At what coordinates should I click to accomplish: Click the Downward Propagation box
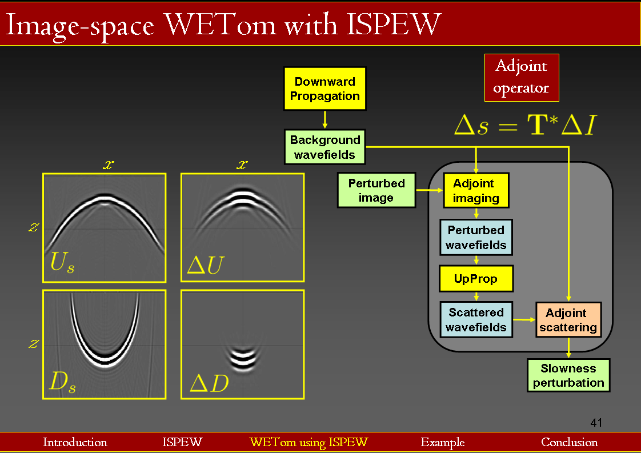coord(324,89)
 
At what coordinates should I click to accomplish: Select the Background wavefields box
coord(324,147)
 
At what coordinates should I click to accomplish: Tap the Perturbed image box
coord(376,190)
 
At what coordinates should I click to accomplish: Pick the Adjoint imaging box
coord(476,191)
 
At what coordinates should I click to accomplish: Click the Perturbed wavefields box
coord(476,238)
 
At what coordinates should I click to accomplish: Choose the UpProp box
coord(476,279)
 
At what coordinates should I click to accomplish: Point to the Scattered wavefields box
coord(476,320)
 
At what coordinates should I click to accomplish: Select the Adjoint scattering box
coord(568,320)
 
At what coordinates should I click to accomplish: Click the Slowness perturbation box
coord(568,375)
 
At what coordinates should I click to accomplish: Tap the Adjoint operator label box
coord(521,78)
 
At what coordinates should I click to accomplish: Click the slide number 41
coord(596,423)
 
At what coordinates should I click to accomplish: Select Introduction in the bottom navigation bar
coord(75,442)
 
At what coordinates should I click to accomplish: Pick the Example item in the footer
coord(442,442)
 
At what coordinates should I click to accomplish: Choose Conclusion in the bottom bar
coord(569,442)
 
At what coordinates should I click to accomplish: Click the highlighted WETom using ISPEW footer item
coord(309,442)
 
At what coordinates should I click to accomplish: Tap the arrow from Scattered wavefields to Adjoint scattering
coord(523,319)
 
